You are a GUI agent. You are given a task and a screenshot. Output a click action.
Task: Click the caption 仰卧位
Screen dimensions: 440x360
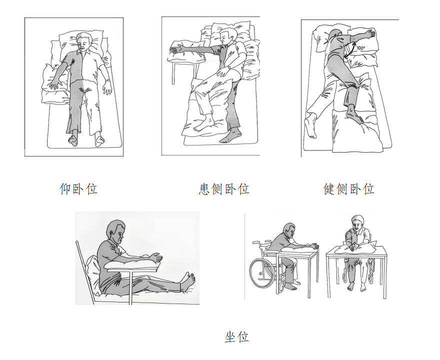[78, 189]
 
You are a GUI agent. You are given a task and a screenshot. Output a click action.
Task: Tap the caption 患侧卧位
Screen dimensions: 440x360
[224, 189]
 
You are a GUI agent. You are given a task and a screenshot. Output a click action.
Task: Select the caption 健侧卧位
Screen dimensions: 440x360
[349, 189]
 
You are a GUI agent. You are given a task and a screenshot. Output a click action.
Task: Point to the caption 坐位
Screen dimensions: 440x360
[237, 336]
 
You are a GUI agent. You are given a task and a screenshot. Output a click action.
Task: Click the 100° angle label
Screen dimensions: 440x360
[361, 47]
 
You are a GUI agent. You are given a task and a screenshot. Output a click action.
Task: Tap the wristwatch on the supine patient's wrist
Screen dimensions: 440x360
[107, 81]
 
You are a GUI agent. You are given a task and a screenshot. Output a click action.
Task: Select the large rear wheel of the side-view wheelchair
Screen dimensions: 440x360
[261, 272]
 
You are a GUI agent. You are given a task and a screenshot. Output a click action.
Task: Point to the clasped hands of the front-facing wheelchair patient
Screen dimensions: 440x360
[353, 246]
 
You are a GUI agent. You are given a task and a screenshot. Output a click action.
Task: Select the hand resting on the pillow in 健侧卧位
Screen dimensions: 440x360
[370, 34]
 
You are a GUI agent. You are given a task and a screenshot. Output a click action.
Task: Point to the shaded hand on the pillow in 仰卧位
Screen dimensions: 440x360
[56, 83]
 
